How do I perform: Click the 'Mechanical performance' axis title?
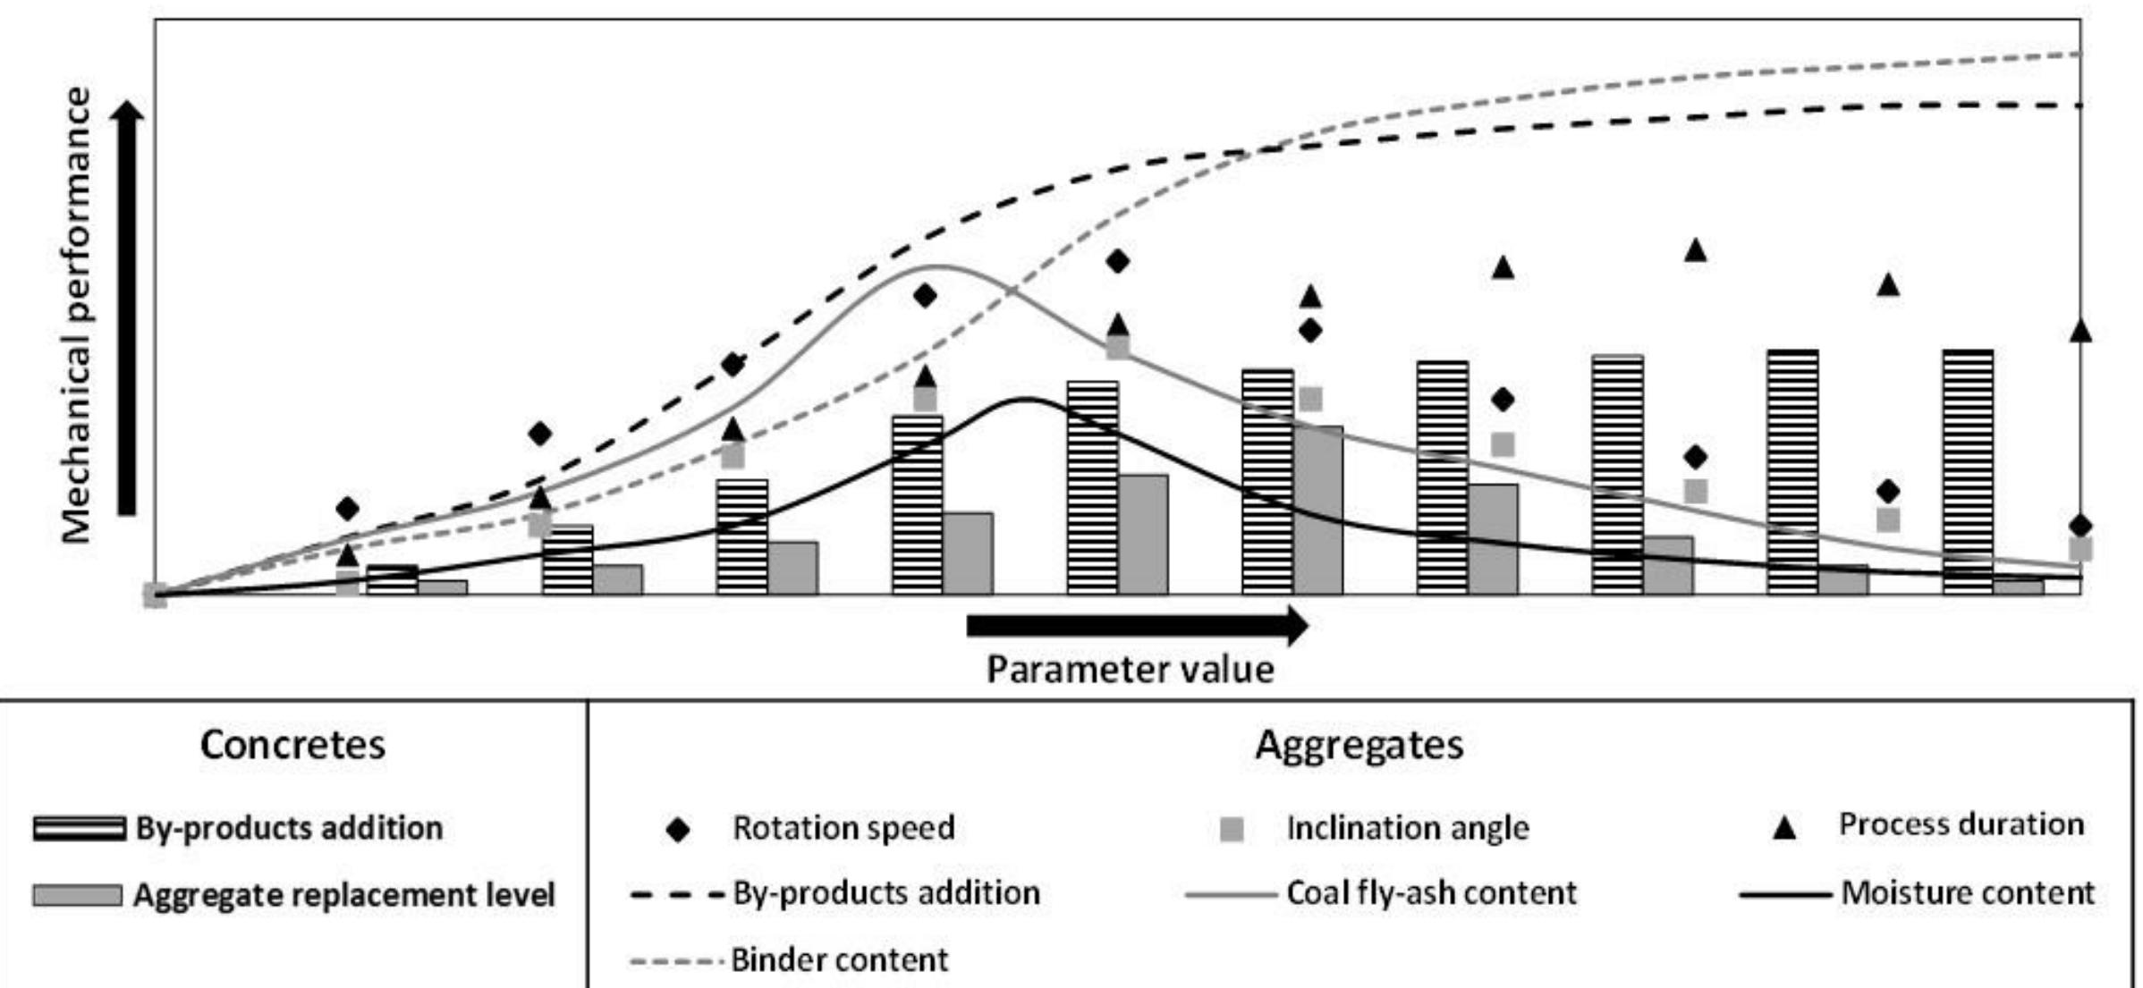point(77,315)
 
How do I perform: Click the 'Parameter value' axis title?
point(1130,670)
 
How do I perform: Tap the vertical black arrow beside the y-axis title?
point(127,308)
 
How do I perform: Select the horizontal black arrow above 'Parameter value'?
point(1136,625)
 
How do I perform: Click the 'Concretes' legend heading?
point(292,745)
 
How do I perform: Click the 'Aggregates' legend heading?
point(1359,745)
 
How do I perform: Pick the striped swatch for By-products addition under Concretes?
point(79,828)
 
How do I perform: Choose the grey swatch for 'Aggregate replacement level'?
point(77,895)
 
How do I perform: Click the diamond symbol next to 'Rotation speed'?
point(678,830)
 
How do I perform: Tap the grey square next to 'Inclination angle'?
point(1232,830)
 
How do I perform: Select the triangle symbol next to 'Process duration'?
point(1784,828)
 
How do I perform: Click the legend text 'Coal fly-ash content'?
point(1431,893)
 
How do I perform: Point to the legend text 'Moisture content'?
point(1968,893)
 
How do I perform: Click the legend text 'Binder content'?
point(839,960)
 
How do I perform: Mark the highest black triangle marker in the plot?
point(1696,251)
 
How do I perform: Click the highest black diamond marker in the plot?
point(1117,262)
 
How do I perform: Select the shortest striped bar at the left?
point(393,579)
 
